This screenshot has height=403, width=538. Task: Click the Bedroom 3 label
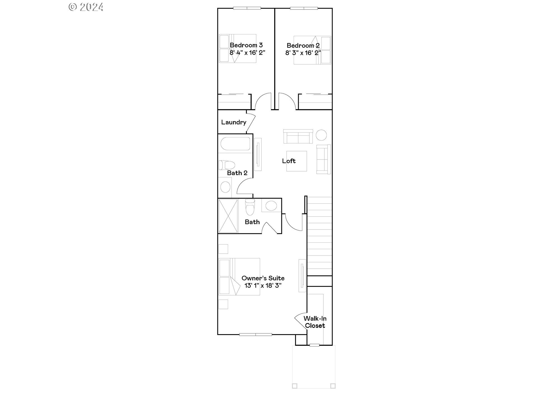pyautogui.click(x=246, y=45)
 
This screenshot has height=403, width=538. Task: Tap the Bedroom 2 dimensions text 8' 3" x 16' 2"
pyautogui.click(x=303, y=53)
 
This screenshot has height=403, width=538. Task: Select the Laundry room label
pyautogui.click(x=233, y=122)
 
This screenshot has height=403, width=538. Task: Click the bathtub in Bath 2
pyautogui.click(x=235, y=144)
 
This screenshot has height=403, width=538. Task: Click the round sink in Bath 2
pyautogui.click(x=225, y=187)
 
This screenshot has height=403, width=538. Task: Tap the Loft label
pyautogui.click(x=289, y=161)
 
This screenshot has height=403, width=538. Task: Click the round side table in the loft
pyautogui.click(x=321, y=135)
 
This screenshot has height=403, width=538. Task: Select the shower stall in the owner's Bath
pyautogui.click(x=228, y=215)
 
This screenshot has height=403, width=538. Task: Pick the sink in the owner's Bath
pyautogui.click(x=271, y=206)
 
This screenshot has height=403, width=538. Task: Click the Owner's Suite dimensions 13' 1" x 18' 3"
pyautogui.click(x=263, y=285)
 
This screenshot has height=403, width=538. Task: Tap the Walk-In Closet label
pyautogui.click(x=315, y=322)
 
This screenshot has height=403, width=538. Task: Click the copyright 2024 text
pyautogui.click(x=86, y=7)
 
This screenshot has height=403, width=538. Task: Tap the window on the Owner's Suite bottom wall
pyautogui.click(x=256, y=334)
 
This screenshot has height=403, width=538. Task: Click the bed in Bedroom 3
pyautogui.click(x=238, y=48)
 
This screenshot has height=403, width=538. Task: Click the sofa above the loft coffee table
pyautogui.click(x=298, y=137)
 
